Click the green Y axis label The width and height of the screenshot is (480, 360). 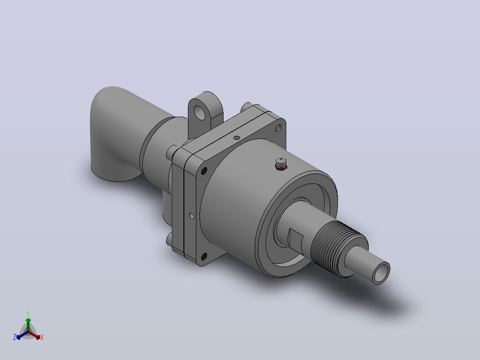click(x=28, y=313)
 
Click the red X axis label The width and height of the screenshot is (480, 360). click(x=42, y=337)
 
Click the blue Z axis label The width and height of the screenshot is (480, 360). click(x=15, y=337)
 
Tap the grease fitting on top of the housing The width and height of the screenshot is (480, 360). click(x=281, y=164)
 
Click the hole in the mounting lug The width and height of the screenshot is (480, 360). click(x=199, y=112)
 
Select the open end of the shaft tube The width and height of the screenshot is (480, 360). click(x=381, y=273)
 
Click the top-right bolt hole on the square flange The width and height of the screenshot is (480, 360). click(x=278, y=128)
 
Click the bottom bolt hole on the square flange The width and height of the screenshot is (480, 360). click(x=204, y=257)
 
